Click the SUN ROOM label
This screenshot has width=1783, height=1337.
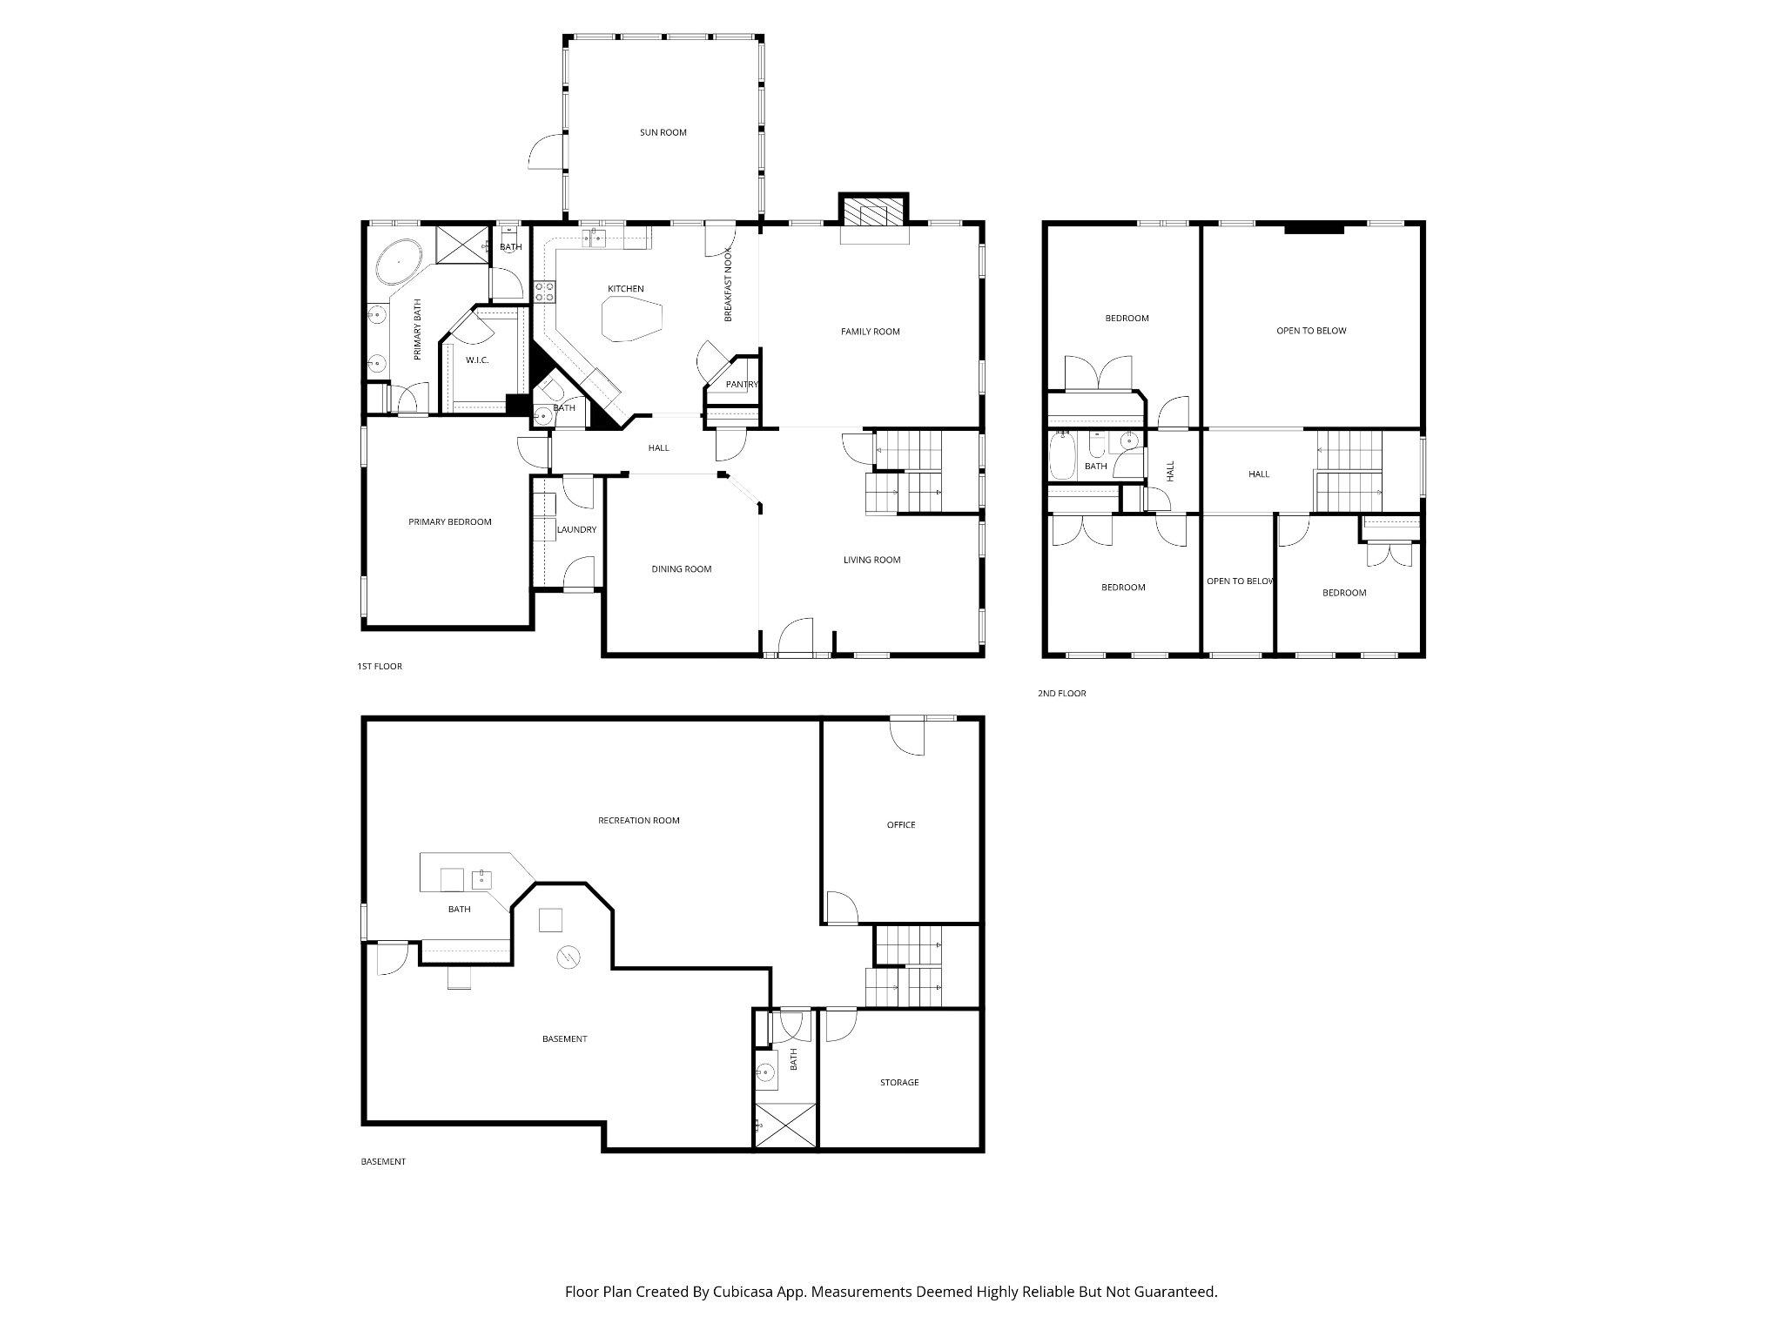[x=663, y=133]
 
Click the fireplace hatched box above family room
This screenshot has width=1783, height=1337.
[x=873, y=212]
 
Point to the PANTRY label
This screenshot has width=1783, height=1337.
[x=742, y=385]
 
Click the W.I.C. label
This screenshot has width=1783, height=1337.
[x=477, y=360]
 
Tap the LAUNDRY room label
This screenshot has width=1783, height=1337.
[x=576, y=530]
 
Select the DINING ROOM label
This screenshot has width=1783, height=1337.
[x=682, y=569]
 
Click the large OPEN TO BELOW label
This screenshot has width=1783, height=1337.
[x=1311, y=331]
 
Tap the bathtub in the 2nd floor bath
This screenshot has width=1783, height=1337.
[x=1062, y=457]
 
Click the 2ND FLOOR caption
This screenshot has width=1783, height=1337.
[x=1061, y=694]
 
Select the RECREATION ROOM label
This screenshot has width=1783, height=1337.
[x=638, y=821]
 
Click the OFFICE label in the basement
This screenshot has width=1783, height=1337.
[x=901, y=825]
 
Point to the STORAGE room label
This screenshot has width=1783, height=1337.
[x=899, y=1083]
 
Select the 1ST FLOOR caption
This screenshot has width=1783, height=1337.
[x=380, y=667]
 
